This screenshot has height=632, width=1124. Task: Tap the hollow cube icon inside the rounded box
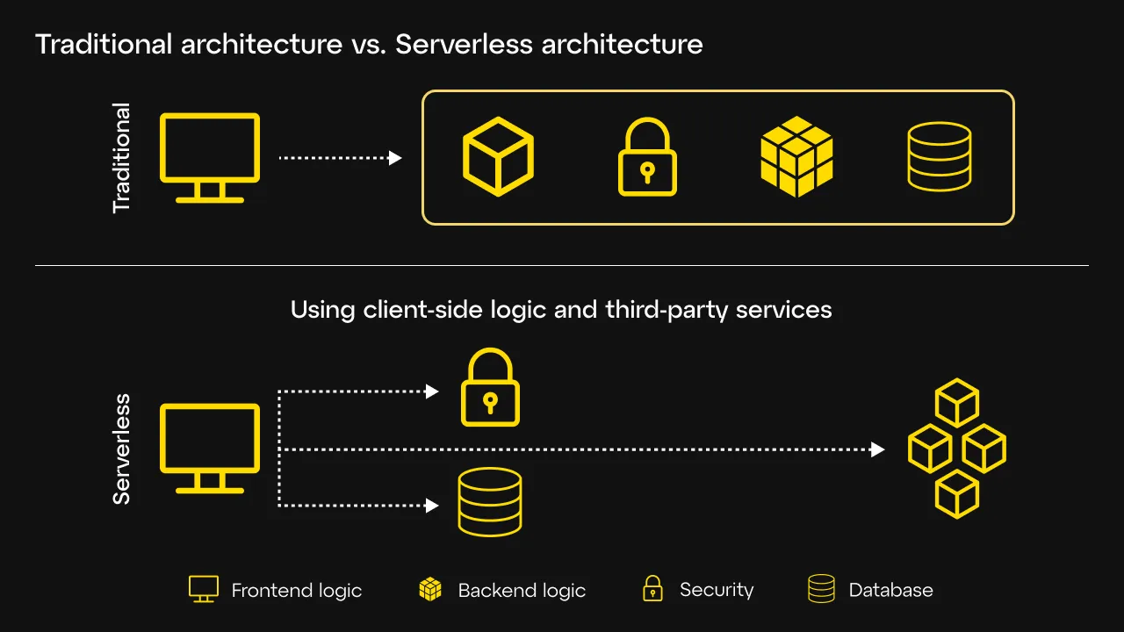point(498,156)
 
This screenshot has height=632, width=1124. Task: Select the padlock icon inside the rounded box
point(647,158)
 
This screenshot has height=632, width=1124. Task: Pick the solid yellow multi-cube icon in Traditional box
point(796,156)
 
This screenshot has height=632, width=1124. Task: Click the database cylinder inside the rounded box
point(939,156)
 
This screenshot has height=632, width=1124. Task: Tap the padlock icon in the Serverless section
point(490,389)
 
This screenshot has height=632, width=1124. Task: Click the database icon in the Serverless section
point(490,502)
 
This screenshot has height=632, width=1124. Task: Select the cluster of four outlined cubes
point(956,449)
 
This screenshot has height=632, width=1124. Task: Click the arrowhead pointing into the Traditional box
point(395,158)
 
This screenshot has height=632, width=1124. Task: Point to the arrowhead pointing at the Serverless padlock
point(432,391)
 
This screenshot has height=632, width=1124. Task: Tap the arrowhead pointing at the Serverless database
point(432,506)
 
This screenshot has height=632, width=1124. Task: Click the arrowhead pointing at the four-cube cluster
point(877,449)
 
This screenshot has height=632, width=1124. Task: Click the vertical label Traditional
point(121,158)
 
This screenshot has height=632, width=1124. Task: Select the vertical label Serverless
point(121,449)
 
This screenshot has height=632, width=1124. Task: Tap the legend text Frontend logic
point(296,591)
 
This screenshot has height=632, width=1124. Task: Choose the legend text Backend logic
point(522,591)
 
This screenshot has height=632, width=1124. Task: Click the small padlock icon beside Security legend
point(652,589)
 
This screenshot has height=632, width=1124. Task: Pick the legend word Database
point(890,591)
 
